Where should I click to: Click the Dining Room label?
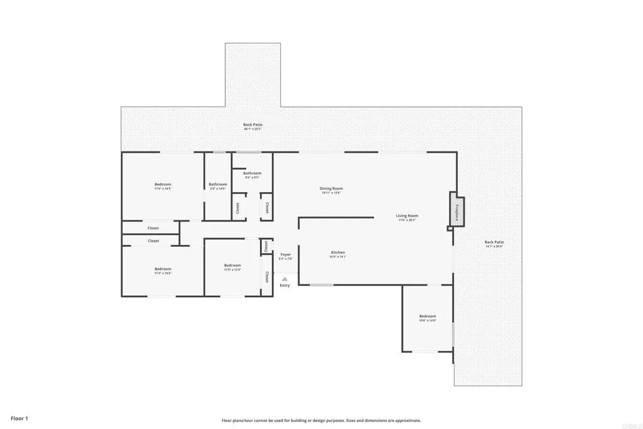tap(332, 188)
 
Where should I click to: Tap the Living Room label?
tap(407, 216)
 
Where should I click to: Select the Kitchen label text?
tap(338, 253)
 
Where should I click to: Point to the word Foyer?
tap(286, 254)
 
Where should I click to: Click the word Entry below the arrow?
tap(285, 286)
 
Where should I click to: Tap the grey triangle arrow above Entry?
tap(284, 279)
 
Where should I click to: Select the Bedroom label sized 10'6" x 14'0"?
tap(428, 317)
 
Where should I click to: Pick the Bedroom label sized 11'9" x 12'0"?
tap(232, 266)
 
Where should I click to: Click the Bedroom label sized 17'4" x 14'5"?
tap(163, 185)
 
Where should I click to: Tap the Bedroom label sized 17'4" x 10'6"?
tap(163, 269)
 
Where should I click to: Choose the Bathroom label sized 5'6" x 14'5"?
tap(218, 185)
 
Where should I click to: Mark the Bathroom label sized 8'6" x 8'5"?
tap(252, 173)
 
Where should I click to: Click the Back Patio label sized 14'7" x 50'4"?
tap(494, 242)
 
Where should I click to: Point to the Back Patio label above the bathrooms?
tap(253, 125)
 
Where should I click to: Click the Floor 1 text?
tap(19, 418)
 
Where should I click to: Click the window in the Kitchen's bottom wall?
tap(321, 285)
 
